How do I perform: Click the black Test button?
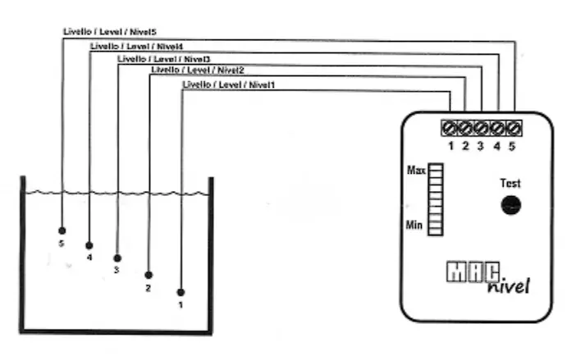[x=510, y=205]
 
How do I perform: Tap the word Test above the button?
[x=510, y=183]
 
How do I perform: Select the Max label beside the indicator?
[x=416, y=170]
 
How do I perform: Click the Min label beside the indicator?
[x=414, y=225]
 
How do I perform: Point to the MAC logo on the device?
[x=473, y=271]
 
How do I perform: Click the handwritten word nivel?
[x=509, y=286]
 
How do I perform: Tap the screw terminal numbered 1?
[x=449, y=128]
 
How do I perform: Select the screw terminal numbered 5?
[x=514, y=128]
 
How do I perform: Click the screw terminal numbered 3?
[x=481, y=128]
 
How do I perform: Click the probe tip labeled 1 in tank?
[x=181, y=292]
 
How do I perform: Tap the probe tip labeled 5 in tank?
[x=62, y=230]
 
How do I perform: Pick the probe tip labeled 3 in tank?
[x=117, y=258]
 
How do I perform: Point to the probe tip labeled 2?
[x=149, y=275]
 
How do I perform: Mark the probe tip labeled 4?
[x=89, y=246]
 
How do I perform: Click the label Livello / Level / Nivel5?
[x=110, y=32]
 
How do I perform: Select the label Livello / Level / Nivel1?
[x=229, y=85]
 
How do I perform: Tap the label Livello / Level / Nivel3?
[x=163, y=59]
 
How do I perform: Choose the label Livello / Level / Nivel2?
[x=198, y=70]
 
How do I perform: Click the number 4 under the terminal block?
[x=497, y=146]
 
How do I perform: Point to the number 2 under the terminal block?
[x=465, y=146]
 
